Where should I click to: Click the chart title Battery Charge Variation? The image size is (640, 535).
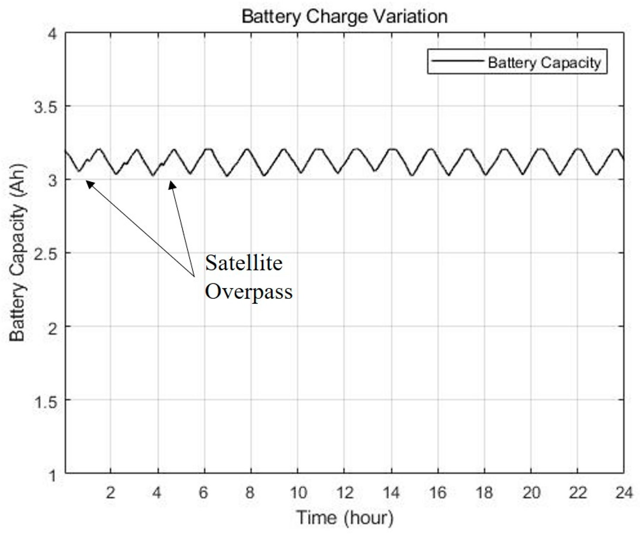(344, 17)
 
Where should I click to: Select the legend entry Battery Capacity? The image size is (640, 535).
(544, 63)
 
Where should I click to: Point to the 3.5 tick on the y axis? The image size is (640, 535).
(46, 107)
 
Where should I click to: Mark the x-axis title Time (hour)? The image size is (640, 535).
(344, 518)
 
